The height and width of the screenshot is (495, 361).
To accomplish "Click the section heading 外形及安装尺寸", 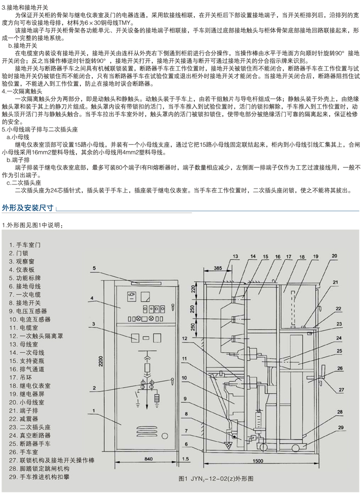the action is [28, 208].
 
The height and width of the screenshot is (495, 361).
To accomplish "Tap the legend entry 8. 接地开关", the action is [24, 303].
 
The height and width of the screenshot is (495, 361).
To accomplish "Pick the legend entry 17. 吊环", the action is [20, 377].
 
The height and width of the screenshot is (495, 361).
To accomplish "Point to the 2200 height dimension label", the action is [101, 361].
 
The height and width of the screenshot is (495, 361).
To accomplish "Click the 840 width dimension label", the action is [148, 459].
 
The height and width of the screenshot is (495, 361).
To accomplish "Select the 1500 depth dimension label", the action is [258, 461].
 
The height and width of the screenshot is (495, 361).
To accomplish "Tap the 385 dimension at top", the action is [218, 268].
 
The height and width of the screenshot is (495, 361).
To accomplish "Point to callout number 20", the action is [335, 256].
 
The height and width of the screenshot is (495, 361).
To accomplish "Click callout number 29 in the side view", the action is [341, 428].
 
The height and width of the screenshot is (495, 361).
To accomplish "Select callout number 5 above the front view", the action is [94, 268].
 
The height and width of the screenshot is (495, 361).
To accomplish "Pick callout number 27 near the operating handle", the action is [341, 390].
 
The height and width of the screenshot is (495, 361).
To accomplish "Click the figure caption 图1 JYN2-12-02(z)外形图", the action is [216, 479].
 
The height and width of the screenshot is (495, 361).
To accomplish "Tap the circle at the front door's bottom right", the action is [165, 436].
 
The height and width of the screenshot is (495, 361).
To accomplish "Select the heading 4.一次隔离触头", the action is [22, 92].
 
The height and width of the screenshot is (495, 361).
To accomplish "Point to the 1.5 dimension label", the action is [186, 459].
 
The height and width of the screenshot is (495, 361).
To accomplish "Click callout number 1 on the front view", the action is [94, 411].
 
